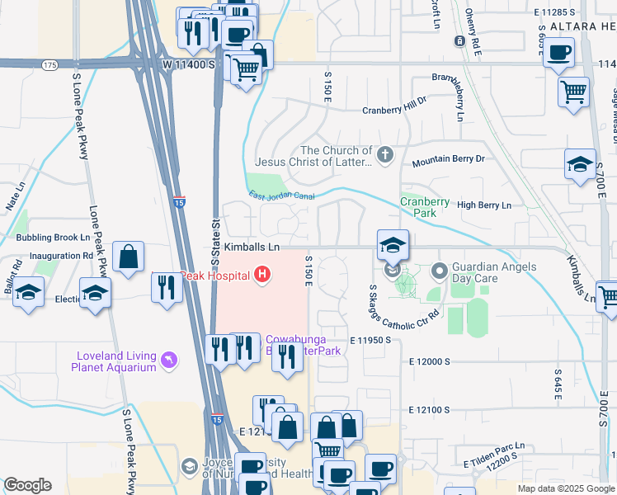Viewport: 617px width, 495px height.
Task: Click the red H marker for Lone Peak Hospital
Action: [262, 275]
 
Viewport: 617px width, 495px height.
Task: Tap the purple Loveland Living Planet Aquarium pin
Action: [169, 361]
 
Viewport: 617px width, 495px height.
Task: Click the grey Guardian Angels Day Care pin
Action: [439, 270]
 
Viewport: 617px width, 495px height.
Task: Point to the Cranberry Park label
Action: [425, 207]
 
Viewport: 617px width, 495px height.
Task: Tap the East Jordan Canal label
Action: [283, 195]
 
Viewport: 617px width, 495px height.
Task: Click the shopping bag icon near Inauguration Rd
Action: [130, 257]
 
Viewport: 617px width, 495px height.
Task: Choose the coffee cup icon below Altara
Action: [558, 54]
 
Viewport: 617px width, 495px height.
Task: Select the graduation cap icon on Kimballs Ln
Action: [393, 245]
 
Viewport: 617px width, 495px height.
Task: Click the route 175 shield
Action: [50, 64]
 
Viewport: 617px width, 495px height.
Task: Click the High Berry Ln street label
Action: [484, 205]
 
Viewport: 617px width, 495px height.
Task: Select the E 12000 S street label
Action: [428, 362]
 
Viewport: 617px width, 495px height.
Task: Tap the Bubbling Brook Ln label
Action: [52, 237]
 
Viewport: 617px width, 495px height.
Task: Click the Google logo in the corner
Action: [27, 485]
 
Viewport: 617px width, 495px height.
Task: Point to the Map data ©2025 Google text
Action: [565, 488]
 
